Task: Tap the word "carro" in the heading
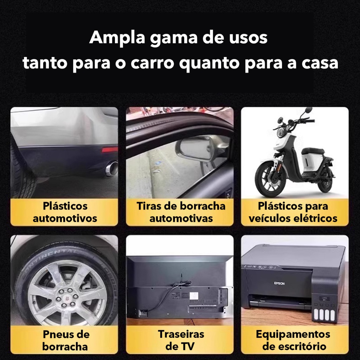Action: click(x=153, y=63)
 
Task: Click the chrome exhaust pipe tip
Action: click(x=112, y=168)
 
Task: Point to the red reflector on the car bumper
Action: click(x=110, y=150)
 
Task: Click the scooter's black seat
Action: click(x=313, y=151)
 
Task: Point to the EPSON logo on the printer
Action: click(x=279, y=283)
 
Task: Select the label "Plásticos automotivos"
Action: click(x=65, y=212)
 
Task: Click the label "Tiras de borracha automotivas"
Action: click(x=181, y=212)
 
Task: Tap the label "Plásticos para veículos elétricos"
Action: click(x=293, y=212)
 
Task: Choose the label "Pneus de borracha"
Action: click(x=66, y=340)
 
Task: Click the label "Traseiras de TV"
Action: click(x=181, y=340)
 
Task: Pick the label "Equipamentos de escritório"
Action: click(x=293, y=340)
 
